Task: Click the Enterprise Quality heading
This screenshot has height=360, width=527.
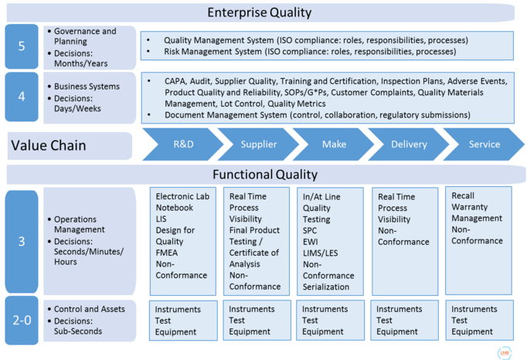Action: [x=260, y=12]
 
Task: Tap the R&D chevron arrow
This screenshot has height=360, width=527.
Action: [x=183, y=144]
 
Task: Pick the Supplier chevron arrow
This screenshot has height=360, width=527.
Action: [x=258, y=144]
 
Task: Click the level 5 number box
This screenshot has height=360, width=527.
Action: [x=21, y=46]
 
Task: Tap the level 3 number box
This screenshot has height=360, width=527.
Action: [x=21, y=240]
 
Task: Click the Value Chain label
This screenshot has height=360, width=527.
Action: [x=48, y=145]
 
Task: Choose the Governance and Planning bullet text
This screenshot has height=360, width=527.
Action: [x=85, y=36]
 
